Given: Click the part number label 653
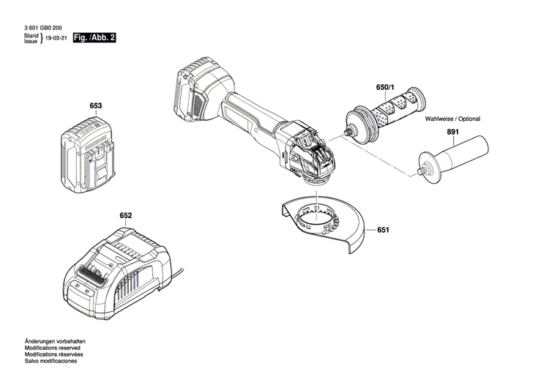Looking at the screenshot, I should point(95,106).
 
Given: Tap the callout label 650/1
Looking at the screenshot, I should point(384,88).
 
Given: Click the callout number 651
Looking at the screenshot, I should point(383,230).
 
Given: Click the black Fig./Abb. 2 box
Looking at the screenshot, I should point(94,37).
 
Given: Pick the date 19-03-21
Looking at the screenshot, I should point(56,39).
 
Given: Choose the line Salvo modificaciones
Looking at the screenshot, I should point(51,362).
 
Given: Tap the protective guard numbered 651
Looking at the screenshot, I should point(322,223).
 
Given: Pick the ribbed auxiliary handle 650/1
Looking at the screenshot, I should point(388,113).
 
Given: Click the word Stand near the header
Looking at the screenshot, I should point(31,35).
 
